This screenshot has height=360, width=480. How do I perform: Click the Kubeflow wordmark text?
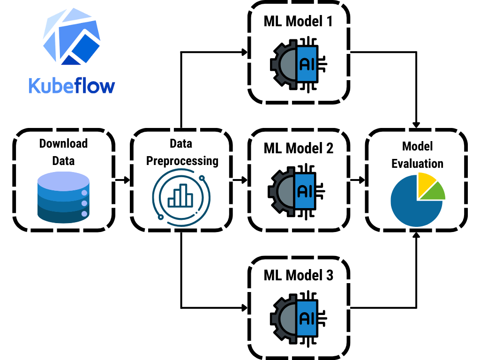pos(71,86)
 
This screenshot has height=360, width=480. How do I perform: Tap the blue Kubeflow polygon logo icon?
pos(72,40)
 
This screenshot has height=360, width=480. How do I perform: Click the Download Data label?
pos(63,152)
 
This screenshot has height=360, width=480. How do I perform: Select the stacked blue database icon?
pos(63,197)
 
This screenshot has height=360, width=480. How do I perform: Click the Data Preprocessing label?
pos(182,152)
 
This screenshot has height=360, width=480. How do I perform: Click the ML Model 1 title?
pos(299,22)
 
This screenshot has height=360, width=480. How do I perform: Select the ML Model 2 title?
pos(299,149)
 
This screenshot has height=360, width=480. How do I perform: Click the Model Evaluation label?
pos(417,155)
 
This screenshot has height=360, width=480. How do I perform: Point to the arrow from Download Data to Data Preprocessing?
pos(122,180)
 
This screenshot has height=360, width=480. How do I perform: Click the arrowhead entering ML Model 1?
pos(244,52)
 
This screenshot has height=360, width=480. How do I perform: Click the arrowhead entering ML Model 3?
pos(244,308)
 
